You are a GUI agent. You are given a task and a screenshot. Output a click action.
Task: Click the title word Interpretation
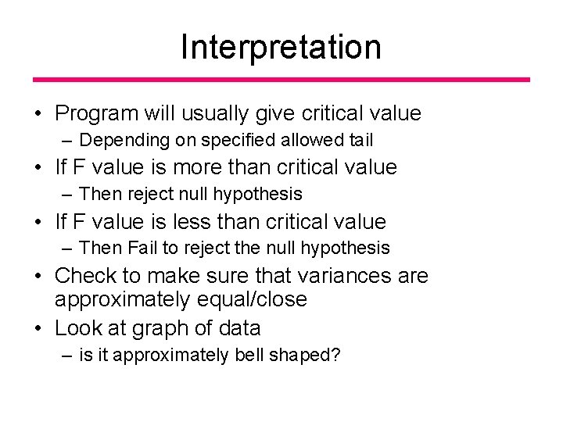(281, 47)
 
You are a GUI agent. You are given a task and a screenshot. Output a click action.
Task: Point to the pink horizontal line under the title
(281, 80)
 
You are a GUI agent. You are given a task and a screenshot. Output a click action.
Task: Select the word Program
(98, 114)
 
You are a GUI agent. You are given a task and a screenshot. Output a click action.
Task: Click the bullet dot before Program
(38, 115)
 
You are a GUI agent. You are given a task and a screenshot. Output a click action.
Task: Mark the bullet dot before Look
(38, 328)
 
